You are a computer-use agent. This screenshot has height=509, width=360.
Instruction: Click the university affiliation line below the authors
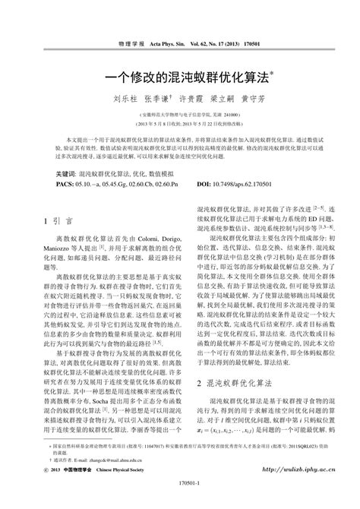[179, 112]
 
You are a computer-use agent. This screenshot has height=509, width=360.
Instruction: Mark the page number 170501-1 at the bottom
[180, 502]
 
